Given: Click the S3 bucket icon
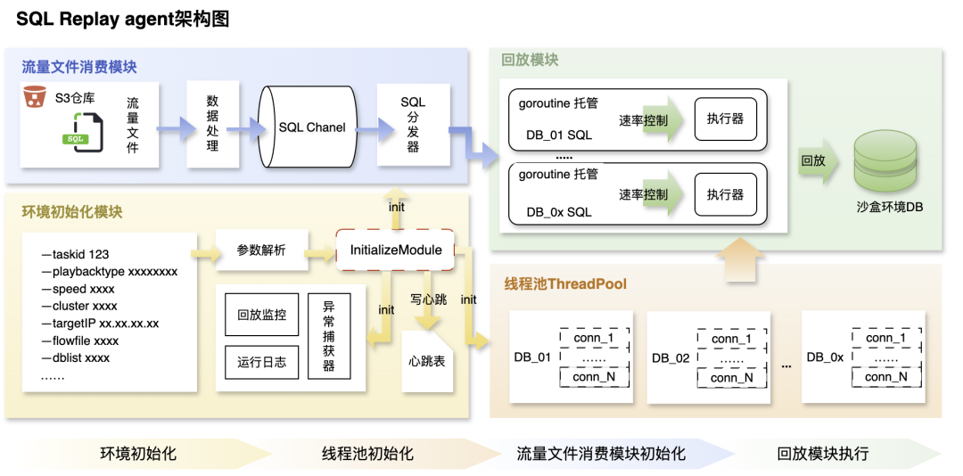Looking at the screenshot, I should (35, 96).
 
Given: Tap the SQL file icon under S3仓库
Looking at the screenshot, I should (75, 139).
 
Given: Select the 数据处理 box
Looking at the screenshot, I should (212, 124).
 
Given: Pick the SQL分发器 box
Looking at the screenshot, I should (413, 124).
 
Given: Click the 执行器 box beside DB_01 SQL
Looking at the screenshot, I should (725, 119).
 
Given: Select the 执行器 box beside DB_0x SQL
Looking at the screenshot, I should (725, 194).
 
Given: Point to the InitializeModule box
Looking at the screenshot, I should (395, 250).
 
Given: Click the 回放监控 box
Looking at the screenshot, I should (262, 315).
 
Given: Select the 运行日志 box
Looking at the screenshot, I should (262, 362).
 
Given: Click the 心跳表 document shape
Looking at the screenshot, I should (427, 360).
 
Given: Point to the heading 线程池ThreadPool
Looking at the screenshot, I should (565, 284).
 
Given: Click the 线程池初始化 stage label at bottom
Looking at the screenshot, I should (367, 454).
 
